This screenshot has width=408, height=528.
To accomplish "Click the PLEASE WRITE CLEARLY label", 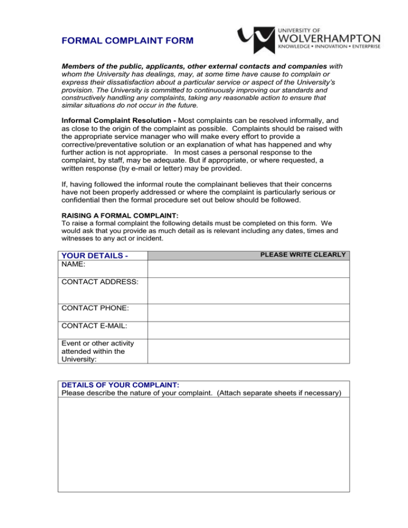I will (303, 255).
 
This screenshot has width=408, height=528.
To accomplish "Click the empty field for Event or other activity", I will (248, 351).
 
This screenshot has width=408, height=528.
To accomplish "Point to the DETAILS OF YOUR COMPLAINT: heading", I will (113, 385).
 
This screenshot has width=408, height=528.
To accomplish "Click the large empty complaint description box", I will (203, 445).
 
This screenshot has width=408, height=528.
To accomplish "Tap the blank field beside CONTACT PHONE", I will (248, 312).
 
